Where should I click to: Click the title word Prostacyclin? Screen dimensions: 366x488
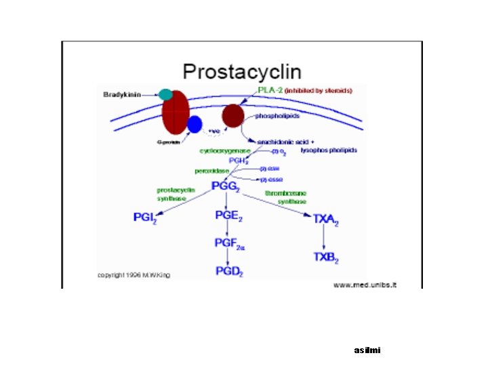[x=243, y=71]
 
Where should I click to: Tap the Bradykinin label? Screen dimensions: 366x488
[x=122, y=95]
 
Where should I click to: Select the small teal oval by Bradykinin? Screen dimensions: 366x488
[x=166, y=95]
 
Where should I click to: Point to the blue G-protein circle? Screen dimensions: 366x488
[x=195, y=124]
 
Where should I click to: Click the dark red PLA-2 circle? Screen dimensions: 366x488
[x=233, y=116]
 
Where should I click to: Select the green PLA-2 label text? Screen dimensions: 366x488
[x=270, y=90]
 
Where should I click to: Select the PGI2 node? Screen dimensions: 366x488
[x=147, y=217]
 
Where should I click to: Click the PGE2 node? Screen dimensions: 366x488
[x=228, y=216]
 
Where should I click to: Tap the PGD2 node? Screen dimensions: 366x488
[x=228, y=272]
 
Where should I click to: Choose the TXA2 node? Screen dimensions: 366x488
[x=325, y=218]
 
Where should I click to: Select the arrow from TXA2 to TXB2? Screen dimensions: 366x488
[x=324, y=237]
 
